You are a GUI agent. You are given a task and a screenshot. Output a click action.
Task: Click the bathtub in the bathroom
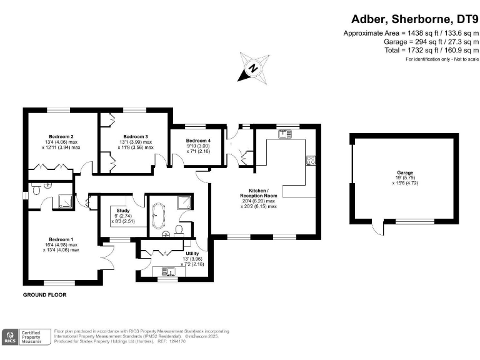[156, 216]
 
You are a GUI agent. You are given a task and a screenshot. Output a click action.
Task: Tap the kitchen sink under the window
[286, 132]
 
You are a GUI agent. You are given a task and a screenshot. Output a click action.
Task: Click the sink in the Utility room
[167, 271]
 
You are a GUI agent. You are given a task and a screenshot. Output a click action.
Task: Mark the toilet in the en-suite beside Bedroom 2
[36, 188]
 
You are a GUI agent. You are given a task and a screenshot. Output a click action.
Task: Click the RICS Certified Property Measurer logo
[26, 337]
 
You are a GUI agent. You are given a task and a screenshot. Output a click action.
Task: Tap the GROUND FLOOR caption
[44, 294]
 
